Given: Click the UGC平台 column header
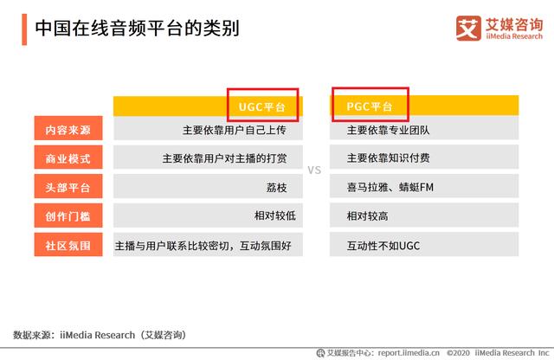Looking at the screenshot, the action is pos(261,106).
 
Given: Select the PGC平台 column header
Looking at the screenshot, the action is pos(370,106).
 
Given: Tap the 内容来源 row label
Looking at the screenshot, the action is pos(68,130).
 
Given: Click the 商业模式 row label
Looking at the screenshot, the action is pos(68,158).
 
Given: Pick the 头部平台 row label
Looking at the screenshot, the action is pos(68,187).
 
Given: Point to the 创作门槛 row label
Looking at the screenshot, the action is pos(68,215).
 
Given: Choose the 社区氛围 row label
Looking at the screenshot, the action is pos(68,245).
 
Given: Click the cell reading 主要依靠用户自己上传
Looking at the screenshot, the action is pos(235,130).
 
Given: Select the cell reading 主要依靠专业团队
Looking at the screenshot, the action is pos(389,130).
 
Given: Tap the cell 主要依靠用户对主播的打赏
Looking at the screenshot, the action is pos(224,158).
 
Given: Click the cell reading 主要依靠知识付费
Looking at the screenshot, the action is pos(389,157).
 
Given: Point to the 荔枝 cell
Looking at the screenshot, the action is pos(277,187).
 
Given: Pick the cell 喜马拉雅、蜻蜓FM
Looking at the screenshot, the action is pos(390,187).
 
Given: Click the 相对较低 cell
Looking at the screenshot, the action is pos(275,215).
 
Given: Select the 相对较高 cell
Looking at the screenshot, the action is pos(367,215).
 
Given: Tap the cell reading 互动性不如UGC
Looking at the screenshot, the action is pos(383,246).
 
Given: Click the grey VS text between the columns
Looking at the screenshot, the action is pos(314,170).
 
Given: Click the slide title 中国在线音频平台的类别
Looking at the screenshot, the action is pos(138,29).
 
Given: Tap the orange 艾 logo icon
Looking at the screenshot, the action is pos(468,29).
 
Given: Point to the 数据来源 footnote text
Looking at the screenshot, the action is pos(100,335).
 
